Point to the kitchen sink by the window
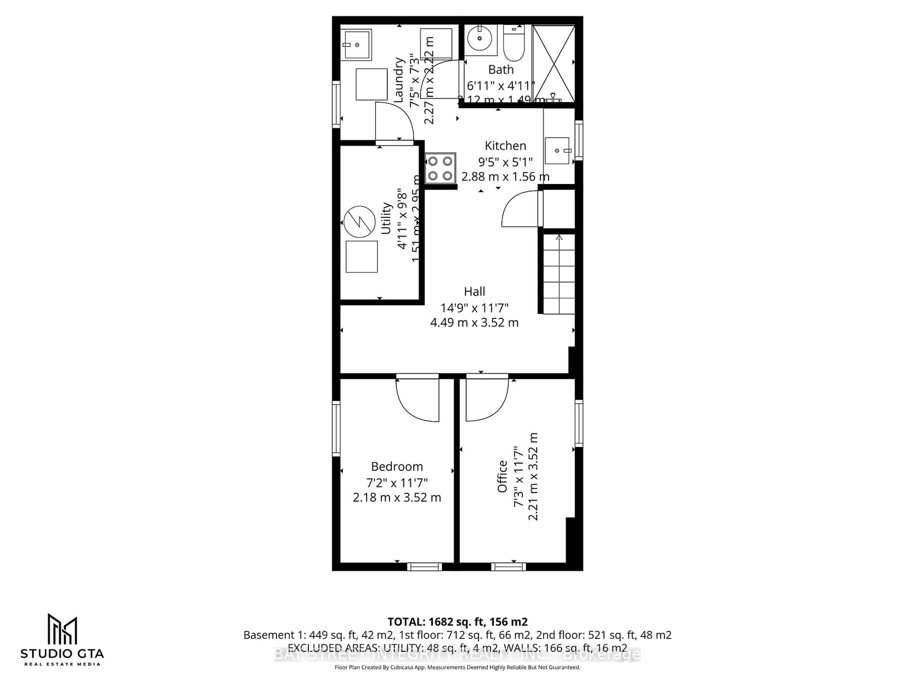(557, 151)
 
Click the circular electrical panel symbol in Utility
(359, 222)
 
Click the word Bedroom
(397, 466)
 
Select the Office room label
(502, 476)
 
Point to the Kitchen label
(505, 146)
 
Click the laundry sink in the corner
(357, 44)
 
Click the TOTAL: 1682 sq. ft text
(457, 621)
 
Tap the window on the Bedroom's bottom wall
(424, 566)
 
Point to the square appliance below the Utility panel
(361, 256)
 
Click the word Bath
(501, 70)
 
